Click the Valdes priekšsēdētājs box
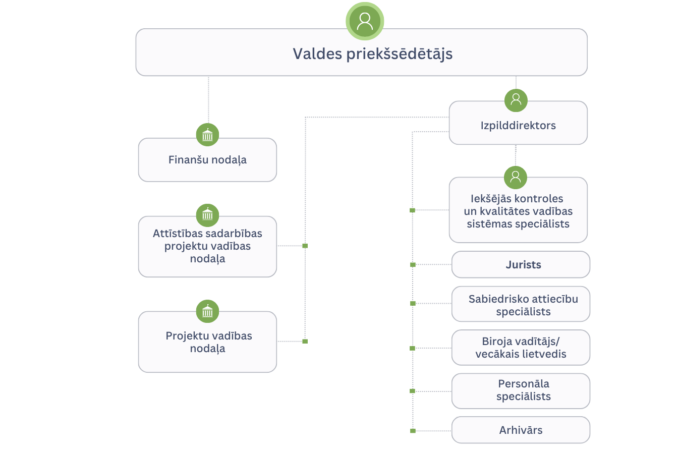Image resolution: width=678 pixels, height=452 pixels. [361, 52]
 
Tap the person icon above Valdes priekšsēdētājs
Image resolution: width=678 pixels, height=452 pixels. [365, 21]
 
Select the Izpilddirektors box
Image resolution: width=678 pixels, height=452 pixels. [518, 123]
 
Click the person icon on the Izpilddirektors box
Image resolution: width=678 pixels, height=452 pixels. [516, 100]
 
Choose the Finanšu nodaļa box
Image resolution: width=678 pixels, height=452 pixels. [207, 160]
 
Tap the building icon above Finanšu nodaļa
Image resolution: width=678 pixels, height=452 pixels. [207, 135]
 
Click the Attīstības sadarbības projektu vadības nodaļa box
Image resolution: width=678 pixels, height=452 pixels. [207, 247]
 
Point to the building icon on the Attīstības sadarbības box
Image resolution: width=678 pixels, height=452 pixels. [207, 215]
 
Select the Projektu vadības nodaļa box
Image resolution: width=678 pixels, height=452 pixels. [207, 342]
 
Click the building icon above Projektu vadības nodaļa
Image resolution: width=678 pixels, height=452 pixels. [207, 311]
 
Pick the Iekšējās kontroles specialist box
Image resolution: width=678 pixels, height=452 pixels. [518, 210]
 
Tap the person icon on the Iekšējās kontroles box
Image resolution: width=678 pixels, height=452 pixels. [516, 178]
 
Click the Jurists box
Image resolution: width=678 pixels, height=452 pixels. [521, 265]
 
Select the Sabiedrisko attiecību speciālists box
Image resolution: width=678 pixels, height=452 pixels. [521, 304]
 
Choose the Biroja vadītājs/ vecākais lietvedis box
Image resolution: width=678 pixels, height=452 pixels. [521, 348]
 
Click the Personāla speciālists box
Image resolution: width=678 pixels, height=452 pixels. [521, 391]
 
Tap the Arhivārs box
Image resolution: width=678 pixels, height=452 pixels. [521, 430]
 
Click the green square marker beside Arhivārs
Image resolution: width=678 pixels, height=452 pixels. [413, 431]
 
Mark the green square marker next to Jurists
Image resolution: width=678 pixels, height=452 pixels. [413, 265]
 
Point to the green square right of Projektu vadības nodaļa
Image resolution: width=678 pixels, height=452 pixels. [305, 342]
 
